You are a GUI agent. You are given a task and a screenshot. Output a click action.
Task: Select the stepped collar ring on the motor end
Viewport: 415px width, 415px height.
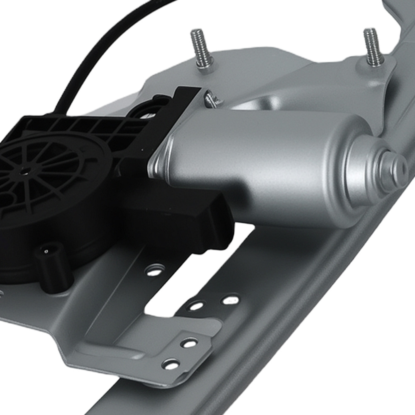point(365,166)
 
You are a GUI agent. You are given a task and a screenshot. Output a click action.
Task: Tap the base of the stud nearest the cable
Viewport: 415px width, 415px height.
point(205,66)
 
